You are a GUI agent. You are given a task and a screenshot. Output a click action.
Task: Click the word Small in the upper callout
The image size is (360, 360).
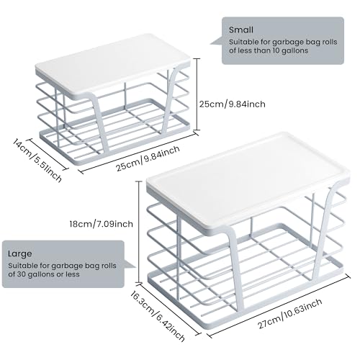coord(241,30)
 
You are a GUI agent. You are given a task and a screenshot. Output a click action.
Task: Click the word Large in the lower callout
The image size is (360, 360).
coord(20,253)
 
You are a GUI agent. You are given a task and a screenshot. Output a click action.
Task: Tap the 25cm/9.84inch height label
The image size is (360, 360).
coord(233,104)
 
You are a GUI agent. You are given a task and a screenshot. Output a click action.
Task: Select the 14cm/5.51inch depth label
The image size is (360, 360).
coord(37,160)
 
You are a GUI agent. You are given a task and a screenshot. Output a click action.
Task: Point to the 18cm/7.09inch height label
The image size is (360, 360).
coord(102,224)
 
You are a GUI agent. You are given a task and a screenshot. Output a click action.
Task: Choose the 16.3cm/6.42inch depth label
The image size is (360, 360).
coord(158,315)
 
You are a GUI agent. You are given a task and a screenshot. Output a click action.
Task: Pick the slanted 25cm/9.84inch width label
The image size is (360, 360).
coord(148,158)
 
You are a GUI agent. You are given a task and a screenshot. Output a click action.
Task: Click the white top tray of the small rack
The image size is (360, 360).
coord(113,66)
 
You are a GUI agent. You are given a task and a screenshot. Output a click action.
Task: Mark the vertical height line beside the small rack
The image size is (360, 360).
coord(197,94)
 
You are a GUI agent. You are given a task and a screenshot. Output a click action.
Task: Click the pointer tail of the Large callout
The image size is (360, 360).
coord(130,266)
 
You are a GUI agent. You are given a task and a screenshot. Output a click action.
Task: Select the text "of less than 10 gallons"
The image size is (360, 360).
coord(269,50)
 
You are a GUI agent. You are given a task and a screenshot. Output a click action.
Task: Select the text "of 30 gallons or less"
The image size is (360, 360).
coord(44,274)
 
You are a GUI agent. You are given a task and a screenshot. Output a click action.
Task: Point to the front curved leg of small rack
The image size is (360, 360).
coord(99,122)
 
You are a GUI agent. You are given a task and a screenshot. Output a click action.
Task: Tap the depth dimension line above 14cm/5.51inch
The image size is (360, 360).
coord(48,155)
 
